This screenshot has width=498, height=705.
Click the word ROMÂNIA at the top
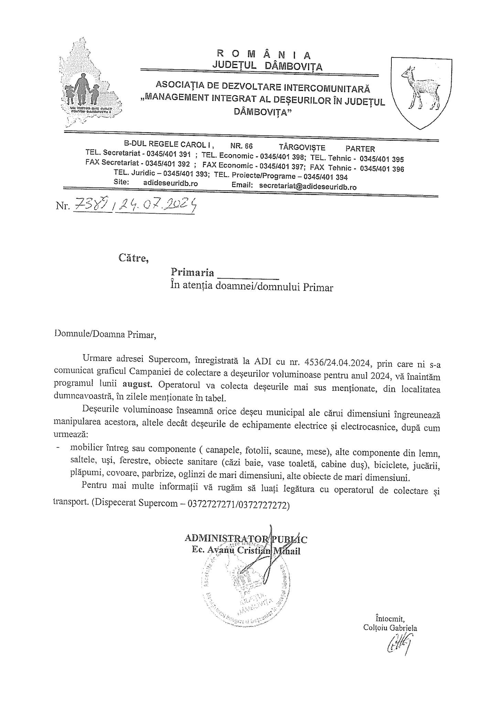[x=264, y=54]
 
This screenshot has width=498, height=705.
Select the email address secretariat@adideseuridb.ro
[x=308, y=187]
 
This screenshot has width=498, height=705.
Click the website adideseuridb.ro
[x=171, y=183]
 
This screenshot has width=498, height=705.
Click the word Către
[x=133, y=258]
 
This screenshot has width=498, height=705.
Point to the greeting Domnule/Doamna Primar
[x=105, y=335]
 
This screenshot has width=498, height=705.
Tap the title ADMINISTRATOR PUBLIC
[x=246, y=538]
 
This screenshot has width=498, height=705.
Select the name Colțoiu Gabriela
[x=390, y=628]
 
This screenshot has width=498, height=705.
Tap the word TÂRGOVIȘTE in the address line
[x=302, y=148]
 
